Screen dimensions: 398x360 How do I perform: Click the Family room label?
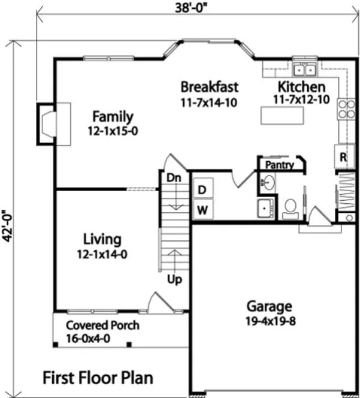click(x=113, y=116)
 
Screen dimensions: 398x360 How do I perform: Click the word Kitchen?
click(x=301, y=87)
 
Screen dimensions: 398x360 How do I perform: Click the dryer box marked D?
click(x=202, y=189)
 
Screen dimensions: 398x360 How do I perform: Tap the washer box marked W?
click(x=202, y=210)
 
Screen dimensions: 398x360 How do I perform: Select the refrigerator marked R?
click(x=343, y=157)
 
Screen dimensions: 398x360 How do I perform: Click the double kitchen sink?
click(x=305, y=66)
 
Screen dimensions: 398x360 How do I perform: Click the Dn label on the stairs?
click(x=173, y=178)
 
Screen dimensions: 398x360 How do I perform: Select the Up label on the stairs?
click(x=174, y=279)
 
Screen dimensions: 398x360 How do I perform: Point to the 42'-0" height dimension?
click(x=7, y=223)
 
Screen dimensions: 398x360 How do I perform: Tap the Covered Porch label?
click(x=102, y=325)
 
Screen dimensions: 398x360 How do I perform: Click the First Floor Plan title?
click(x=98, y=378)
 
